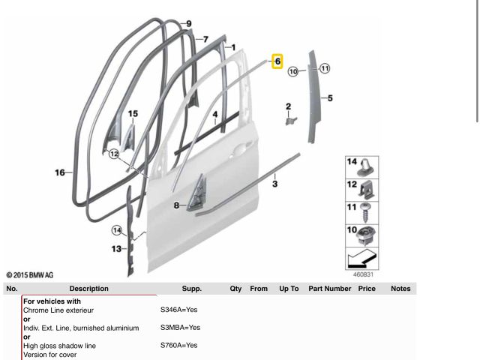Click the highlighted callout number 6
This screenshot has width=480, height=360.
pos(277,61)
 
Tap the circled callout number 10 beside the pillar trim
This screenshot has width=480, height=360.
pos(293,72)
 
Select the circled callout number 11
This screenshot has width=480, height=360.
pos(325,68)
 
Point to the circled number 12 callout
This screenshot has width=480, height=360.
pos(114,154)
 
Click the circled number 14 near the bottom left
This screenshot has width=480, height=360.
pos(117,230)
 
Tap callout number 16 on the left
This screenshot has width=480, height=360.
pos(60,172)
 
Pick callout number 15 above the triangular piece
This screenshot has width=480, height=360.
pos(133,114)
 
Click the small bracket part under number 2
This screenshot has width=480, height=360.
pos(291,120)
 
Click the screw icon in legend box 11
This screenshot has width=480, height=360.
pos(365,212)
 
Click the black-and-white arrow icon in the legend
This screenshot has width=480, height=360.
pos(361,259)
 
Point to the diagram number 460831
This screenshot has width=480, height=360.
pos(363,274)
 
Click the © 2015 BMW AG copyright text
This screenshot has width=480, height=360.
pos(30,275)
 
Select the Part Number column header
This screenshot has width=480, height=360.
pos(330,289)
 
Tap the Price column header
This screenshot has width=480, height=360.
pos(367,289)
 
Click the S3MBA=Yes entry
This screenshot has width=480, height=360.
pos(180,328)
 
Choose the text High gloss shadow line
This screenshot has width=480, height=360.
pos(60,346)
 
